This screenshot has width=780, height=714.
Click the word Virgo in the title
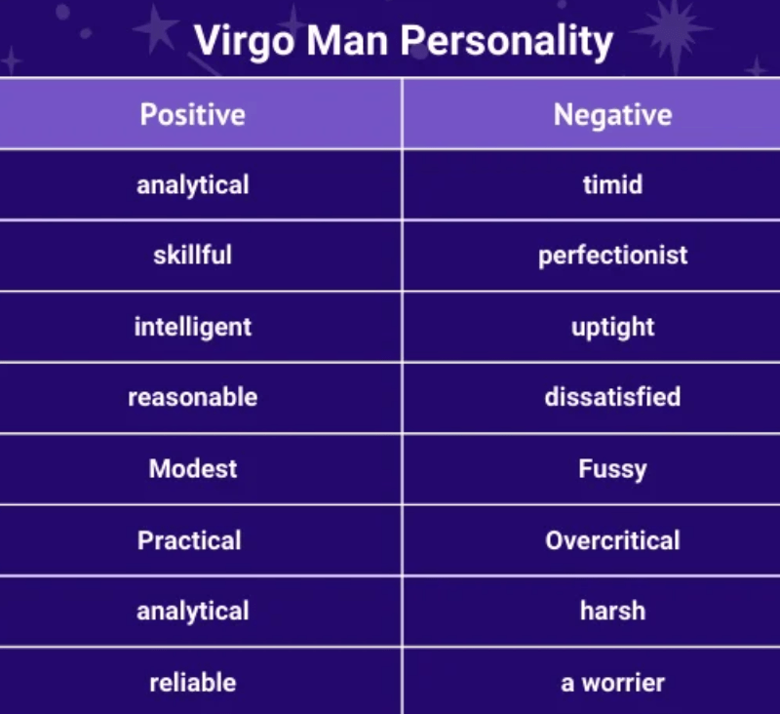pyautogui.click(x=245, y=42)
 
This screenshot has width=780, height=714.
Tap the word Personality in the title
pyautogui.click(x=506, y=42)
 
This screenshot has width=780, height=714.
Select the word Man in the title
pyautogui.click(x=347, y=40)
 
